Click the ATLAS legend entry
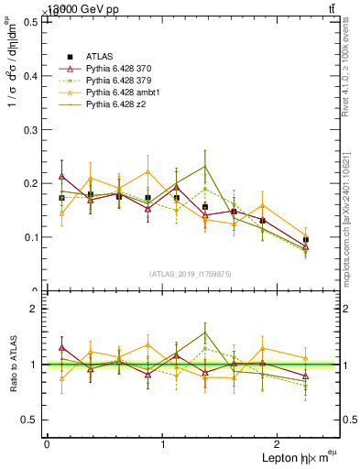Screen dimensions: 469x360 click(x=100, y=57)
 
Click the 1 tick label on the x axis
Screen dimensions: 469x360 click(x=163, y=443)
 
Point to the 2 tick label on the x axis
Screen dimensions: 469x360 click(x=279, y=443)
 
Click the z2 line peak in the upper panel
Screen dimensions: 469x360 click(x=205, y=167)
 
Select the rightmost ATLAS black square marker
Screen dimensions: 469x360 click(x=306, y=240)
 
